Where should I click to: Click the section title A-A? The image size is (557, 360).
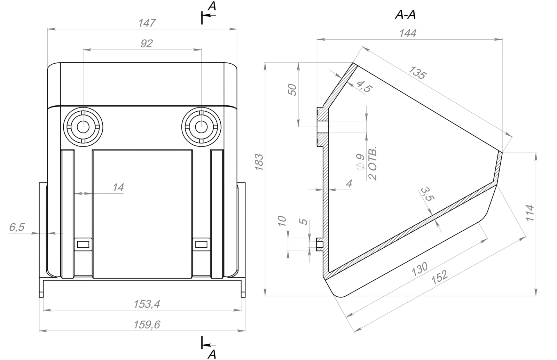coord(405,15)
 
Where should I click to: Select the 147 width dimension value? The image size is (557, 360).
coord(147,23)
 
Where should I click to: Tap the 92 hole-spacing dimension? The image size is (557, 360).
coord(147,44)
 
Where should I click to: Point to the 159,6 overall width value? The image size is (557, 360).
coord(147,325)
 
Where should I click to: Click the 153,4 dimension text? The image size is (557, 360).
coord(147,304)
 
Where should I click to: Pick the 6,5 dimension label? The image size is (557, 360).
coord(17,227)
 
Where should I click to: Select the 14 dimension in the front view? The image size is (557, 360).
coord(118,187)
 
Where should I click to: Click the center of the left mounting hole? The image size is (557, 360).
coord(83,127)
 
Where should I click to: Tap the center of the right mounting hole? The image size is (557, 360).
coord(201,127)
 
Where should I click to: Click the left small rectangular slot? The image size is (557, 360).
coord(83,245)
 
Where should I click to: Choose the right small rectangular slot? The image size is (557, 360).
coord(201,245)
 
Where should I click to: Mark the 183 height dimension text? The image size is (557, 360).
coord(259,162)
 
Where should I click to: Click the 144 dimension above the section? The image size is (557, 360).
coord(408,33)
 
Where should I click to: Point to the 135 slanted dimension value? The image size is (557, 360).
coord(417,73)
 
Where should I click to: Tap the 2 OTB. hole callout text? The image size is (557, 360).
coord(373,163)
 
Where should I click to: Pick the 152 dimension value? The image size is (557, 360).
coord(439,277)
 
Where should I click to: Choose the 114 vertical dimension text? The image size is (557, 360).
coord(529,213)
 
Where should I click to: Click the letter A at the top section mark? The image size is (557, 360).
coord(212,6)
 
